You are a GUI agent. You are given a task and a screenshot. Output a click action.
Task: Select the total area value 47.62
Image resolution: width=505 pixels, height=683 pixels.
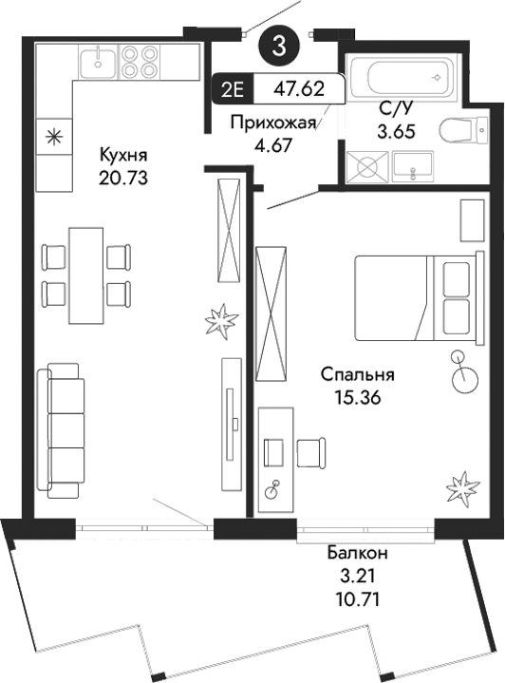pyautogui.click(x=294, y=90)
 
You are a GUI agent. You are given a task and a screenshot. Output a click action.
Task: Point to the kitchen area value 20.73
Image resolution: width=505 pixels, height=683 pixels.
pyautogui.click(x=124, y=177)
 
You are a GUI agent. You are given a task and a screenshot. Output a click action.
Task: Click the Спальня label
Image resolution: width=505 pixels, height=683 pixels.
pyautogui.click(x=357, y=375)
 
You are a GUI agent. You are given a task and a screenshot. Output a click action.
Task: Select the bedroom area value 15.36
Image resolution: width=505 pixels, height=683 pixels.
pyautogui.click(x=357, y=398)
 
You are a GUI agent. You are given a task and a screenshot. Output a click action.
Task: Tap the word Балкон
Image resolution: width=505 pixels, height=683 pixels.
pyautogui.click(x=362, y=554)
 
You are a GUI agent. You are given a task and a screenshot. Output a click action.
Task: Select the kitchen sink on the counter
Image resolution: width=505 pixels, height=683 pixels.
pyautogui.click(x=97, y=63)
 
